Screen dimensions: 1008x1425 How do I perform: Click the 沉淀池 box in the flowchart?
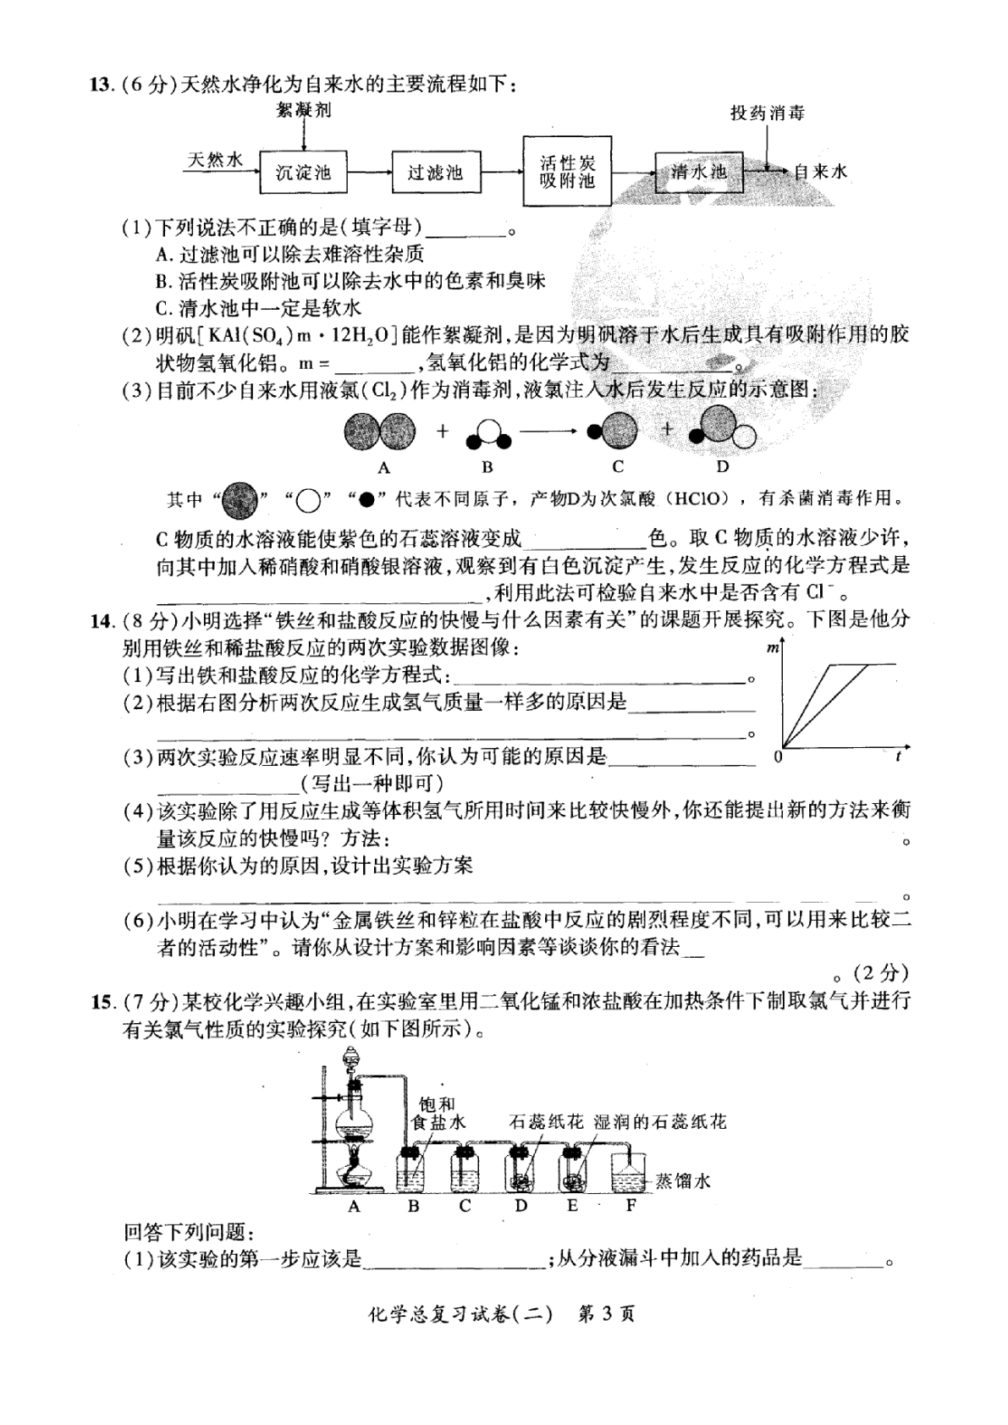[x=304, y=172]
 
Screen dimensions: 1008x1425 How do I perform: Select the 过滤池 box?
[x=436, y=172]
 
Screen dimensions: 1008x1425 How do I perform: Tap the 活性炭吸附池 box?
[x=567, y=170]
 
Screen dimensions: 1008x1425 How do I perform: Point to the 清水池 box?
[x=699, y=172]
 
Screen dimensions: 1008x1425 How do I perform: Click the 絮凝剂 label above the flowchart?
[x=304, y=110]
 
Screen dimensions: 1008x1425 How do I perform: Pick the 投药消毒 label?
[x=768, y=113]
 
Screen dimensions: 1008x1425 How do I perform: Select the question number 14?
[x=102, y=620]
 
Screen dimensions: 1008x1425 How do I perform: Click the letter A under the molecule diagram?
[x=383, y=468]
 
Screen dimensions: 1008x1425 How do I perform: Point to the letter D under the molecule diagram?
[x=722, y=467]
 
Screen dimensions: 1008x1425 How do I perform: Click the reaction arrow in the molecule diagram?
[x=548, y=432]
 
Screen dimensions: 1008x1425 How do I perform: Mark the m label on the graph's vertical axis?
[x=773, y=647]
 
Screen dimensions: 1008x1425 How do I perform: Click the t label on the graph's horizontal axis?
[x=898, y=757]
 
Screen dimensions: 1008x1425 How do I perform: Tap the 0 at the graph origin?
[x=778, y=757]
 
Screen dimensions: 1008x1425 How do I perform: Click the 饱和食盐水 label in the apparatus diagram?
[x=438, y=1114]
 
